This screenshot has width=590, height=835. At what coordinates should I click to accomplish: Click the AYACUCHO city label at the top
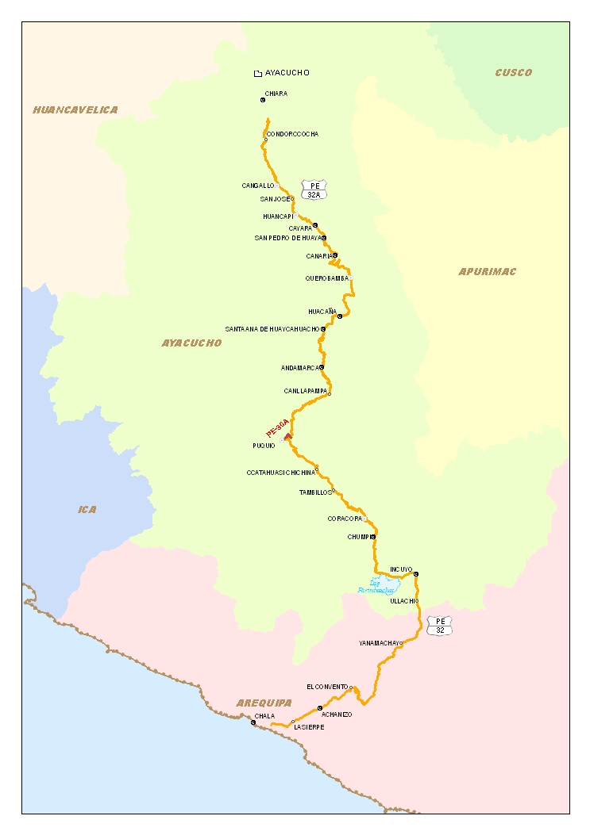point(287,73)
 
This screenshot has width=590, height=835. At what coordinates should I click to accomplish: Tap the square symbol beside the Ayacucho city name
point(257,74)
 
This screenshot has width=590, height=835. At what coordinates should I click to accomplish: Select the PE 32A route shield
point(314,190)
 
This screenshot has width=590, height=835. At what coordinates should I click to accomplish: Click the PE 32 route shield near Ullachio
point(440,626)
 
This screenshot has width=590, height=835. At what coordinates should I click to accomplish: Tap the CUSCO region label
point(513,73)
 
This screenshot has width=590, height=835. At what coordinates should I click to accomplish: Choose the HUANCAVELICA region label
point(75,110)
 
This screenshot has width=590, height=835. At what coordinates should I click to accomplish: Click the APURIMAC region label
point(487,272)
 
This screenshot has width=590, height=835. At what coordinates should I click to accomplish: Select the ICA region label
point(87,510)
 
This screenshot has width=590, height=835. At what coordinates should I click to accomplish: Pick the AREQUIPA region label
point(264,703)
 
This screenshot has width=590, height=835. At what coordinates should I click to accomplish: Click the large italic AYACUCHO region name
point(191,343)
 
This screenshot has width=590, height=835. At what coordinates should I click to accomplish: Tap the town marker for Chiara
point(263,100)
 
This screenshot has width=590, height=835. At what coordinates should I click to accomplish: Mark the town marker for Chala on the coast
point(253,722)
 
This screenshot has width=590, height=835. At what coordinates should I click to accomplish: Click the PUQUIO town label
point(264,446)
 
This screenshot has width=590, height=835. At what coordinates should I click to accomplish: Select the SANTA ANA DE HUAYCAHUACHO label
point(272,328)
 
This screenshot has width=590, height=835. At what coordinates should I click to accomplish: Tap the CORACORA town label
point(345,519)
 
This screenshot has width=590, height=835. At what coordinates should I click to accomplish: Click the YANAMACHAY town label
point(377,643)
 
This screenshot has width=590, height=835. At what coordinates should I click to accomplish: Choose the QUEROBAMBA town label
point(326,278)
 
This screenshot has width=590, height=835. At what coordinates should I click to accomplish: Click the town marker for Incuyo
point(416,574)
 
